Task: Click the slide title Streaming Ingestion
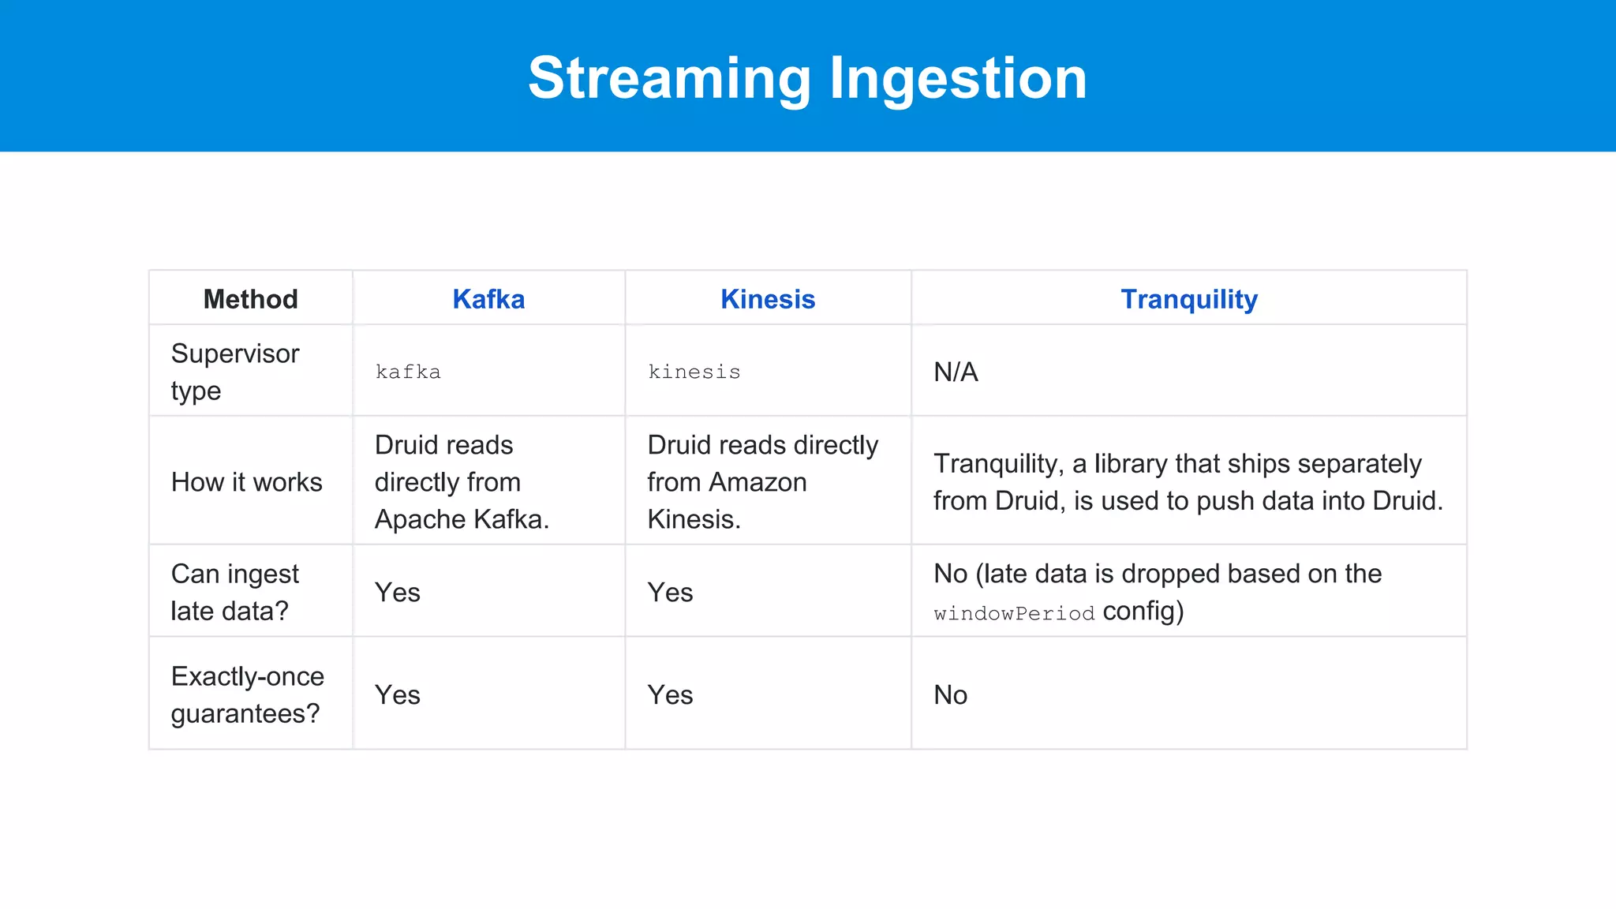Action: (x=807, y=78)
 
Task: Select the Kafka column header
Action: (x=488, y=299)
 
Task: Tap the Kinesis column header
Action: (x=767, y=299)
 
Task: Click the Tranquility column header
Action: (x=1188, y=299)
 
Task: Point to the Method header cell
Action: (x=250, y=299)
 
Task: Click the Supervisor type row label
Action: (x=235, y=372)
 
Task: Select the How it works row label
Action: (x=246, y=482)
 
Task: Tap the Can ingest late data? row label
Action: (x=235, y=592)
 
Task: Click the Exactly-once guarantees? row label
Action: (x=247, y=694)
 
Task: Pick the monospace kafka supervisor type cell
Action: (x=408, y=372)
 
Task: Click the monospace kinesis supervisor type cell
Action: (x=694, y=372)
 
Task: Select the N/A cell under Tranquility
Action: (x=956, y=372)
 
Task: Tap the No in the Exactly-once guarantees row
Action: (x=950, y=694)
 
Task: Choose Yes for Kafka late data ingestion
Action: (x=397, y=592)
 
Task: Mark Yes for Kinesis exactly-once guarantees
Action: (x=670, y=694)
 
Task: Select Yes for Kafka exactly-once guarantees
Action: (x=397, y=694)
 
